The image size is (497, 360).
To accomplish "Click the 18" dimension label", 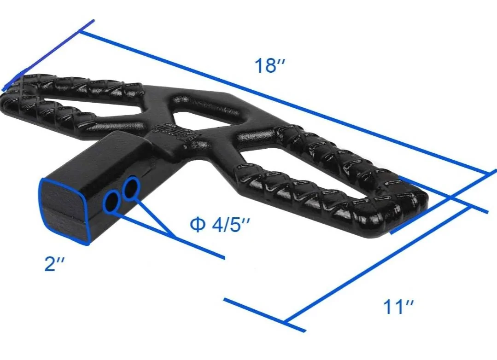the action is pos(270,65).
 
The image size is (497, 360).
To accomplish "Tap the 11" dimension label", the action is pos(398,307).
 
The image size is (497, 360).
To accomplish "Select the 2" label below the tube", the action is pos(54,264).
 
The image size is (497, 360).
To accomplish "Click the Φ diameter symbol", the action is pos(198,225).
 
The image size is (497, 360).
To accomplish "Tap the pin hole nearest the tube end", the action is pos(111,202).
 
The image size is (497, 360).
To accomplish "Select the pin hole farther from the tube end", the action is pos(131,189).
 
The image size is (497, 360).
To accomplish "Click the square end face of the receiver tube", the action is pos(64,211).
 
